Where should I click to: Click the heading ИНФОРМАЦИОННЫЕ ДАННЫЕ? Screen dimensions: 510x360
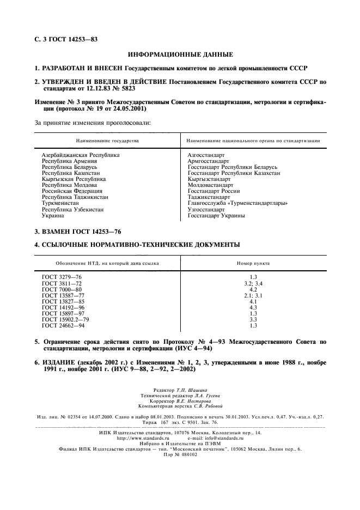(180, 54)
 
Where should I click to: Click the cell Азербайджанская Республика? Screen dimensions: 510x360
(81, 155)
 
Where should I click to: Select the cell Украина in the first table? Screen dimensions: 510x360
(54, 215)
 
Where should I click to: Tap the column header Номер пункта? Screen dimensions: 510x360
(253, 263)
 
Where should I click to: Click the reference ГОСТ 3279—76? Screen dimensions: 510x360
(62, 277)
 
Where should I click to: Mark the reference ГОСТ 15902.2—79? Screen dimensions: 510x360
(65, 319)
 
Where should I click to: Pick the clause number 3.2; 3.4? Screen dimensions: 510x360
(253, 283)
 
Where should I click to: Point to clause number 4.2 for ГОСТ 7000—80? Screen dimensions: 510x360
(253, 289)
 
